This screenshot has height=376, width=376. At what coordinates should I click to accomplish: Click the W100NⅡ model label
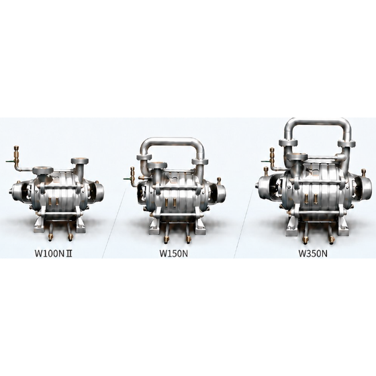tap(54, 254)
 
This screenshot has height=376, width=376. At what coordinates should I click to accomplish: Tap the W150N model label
tap(174, 254)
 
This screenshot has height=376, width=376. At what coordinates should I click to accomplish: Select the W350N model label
tap(313, 254)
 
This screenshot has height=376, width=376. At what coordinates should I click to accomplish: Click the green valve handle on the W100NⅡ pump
tap(10, 161)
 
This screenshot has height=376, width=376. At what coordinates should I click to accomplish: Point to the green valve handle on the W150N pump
tap(128, 179)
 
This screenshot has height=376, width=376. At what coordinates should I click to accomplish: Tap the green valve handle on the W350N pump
tap(265, 161)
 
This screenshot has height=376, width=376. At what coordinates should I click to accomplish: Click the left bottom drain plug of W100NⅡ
tap(50, 238)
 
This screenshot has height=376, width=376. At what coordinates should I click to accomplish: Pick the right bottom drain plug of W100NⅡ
tap(70, 238)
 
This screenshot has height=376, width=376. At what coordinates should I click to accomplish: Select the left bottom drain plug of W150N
tap(166, 239)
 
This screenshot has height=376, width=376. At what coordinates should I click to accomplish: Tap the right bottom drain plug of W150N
tap(189, 239)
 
